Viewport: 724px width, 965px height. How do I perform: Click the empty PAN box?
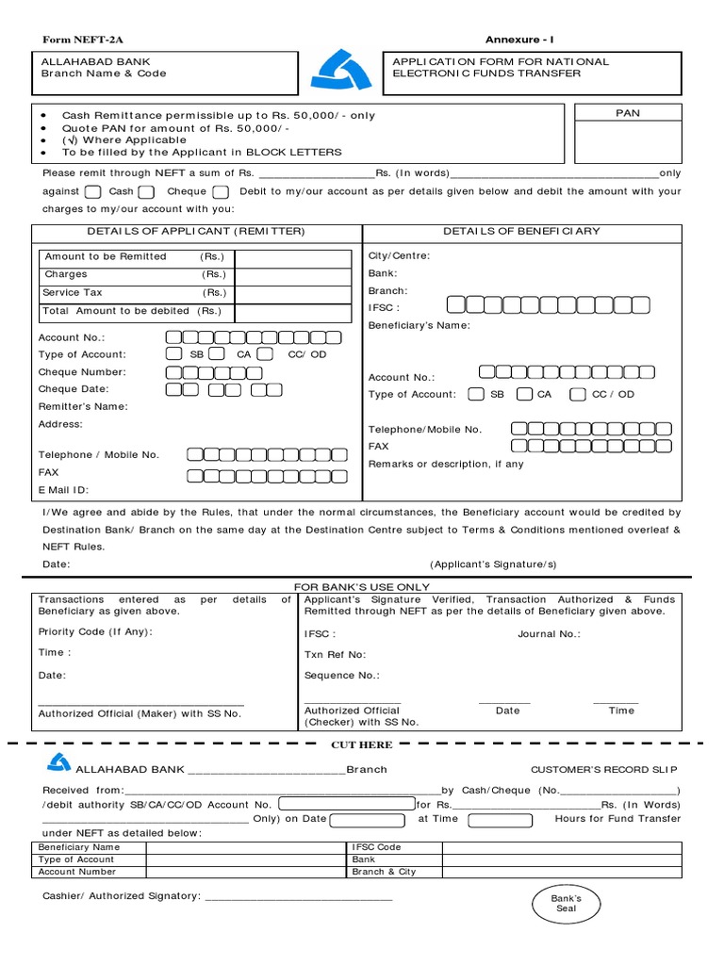coord(627,143)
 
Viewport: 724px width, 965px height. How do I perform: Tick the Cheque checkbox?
coord(221,192)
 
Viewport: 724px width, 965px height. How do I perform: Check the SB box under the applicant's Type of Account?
coord(173,354)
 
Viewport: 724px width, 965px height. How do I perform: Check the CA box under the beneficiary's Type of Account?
coord(524,394)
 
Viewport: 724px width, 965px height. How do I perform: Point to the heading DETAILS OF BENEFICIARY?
coord(521,231)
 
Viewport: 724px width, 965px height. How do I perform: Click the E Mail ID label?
coord(64,490)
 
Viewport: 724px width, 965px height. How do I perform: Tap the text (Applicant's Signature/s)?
coord(493,564)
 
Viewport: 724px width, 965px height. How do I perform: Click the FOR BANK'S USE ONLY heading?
coord(363,587)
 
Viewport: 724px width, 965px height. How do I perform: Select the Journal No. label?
coord(549,634)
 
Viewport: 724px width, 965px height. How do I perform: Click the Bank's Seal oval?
coord(566,904)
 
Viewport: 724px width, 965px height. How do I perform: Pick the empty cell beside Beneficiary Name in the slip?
coord(246,847)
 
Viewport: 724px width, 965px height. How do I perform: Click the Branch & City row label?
coord(384,872)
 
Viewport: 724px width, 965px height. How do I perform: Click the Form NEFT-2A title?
coord(84,40)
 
